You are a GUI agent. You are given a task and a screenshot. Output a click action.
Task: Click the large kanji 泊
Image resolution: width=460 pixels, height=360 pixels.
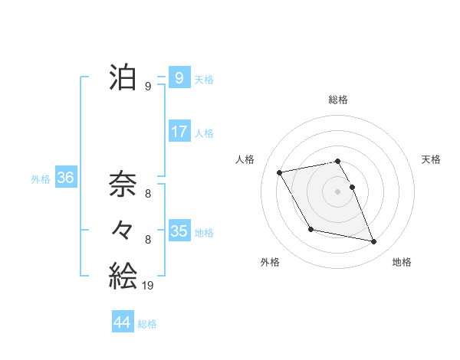click(x=123, y=78)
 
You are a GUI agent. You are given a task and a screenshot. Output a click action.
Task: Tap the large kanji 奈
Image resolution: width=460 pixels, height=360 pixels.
click(x=123, y=184)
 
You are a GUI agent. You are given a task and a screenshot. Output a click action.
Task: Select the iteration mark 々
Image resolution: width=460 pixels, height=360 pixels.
click(x=123, y=230)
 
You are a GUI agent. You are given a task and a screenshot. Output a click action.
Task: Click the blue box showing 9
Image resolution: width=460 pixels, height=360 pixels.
click(x=179, y=78)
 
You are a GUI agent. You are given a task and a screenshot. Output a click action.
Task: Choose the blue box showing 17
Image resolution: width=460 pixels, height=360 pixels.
click(x=179, y=132)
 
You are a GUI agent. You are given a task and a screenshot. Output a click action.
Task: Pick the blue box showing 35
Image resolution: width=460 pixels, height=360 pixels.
click(x=179, y=231)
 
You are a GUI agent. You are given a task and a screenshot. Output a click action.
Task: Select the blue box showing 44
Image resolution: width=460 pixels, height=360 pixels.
click(x=122, y=322)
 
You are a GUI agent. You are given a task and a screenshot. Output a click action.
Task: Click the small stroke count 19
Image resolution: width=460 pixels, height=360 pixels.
click(x=147, y=286)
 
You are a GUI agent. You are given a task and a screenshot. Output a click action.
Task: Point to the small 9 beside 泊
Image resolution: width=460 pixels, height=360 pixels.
click(x=148, y=87)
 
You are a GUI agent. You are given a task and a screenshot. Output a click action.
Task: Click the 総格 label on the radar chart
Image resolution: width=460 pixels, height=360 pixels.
click(x=338, y=100)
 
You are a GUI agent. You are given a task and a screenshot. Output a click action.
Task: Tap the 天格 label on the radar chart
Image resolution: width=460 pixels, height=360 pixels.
click(x=432, y=159)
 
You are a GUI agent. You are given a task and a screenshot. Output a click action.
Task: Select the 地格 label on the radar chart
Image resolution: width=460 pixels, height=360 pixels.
click(x=402, y=262)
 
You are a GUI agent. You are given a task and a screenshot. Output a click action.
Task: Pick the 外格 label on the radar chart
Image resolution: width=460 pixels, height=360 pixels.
click(x=270, y=262)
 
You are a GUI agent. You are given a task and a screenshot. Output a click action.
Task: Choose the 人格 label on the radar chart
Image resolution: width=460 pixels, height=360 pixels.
click(x=245, y=159)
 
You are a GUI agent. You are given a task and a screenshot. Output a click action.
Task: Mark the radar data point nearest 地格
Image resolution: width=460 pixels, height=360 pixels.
click(x=374, y=242)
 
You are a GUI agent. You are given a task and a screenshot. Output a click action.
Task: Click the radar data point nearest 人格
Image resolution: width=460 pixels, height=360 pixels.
click(x=280, y=172)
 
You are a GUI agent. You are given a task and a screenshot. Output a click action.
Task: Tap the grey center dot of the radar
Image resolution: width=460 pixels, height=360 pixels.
click(x=338, y=191)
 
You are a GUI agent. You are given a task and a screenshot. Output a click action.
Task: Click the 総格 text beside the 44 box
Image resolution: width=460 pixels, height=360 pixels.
click(x=147, y=324)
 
